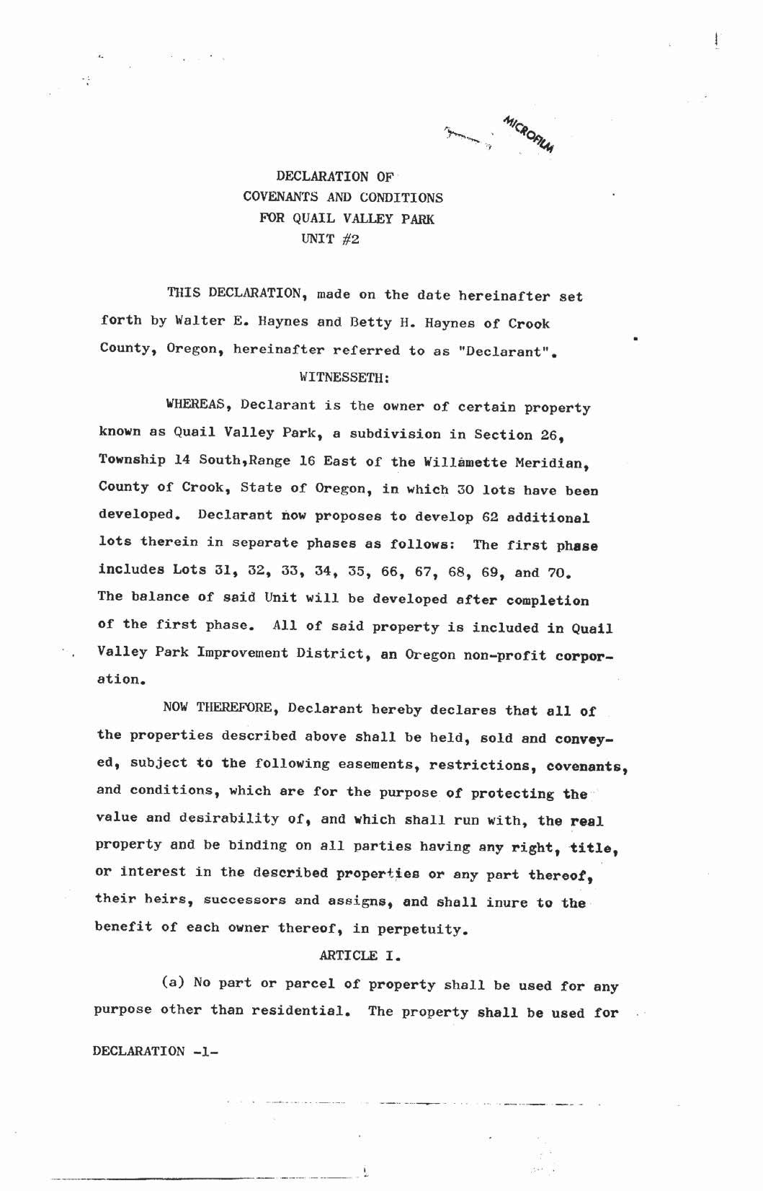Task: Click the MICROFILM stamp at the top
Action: [530, 134]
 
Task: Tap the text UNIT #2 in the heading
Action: [330, 239]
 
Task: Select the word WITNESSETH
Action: [344, 377]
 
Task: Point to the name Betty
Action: [371, 322]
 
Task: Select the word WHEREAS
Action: [197, 405]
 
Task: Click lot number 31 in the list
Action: [202, 570]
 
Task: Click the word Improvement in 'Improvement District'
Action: [243, 653]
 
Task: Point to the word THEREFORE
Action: [238, 708]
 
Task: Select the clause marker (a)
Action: [174, 983]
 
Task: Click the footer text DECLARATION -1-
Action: [155, 1051]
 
